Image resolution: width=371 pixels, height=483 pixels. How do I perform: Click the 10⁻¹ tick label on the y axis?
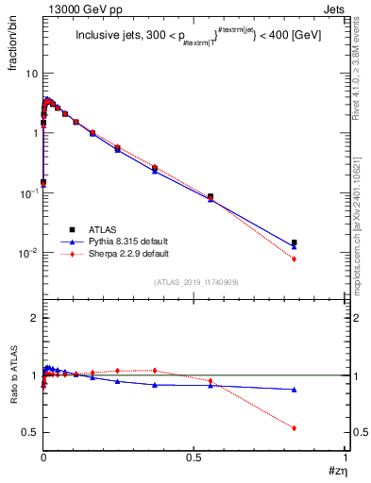click(29, 192)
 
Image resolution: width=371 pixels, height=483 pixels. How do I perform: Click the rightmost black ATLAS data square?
click(295, 242)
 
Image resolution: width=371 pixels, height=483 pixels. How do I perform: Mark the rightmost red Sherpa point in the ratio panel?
click(295, 428)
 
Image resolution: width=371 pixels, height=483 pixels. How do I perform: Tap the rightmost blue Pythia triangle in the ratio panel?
click(295, 390)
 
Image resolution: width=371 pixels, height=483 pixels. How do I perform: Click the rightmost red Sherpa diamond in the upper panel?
click(295, 258)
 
